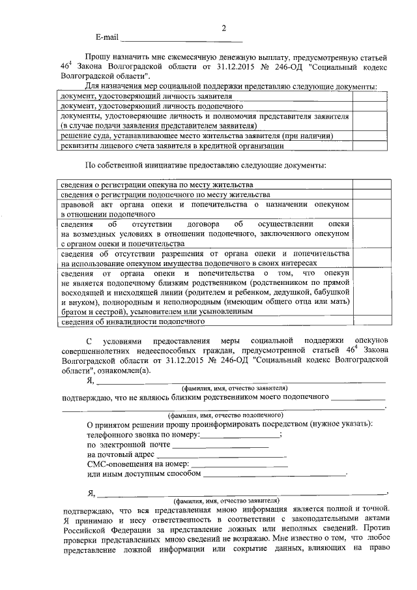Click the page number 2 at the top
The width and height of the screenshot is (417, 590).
(223, 28)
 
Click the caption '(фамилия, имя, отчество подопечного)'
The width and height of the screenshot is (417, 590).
(224, 415)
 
